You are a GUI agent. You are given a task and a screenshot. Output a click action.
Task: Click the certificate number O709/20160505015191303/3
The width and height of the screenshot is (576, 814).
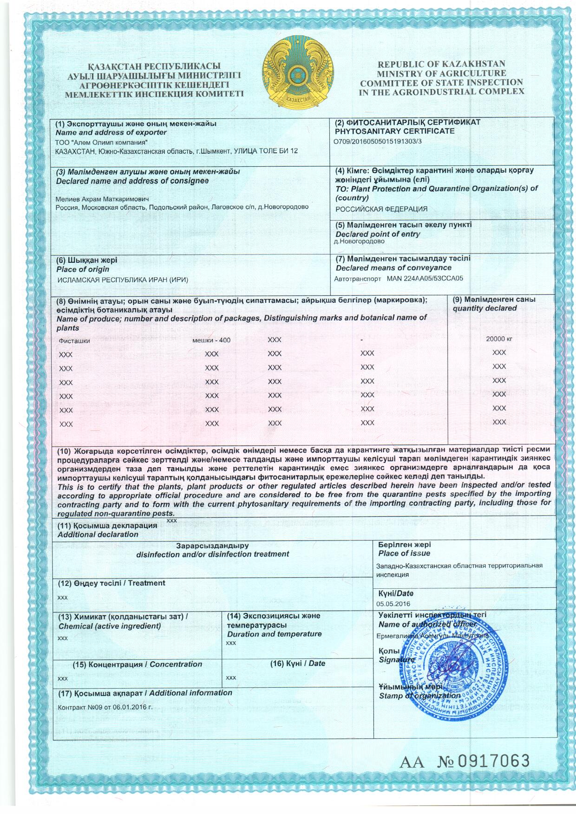[378, 142]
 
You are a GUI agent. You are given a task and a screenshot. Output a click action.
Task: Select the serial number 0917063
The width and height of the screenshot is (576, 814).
[494, 761]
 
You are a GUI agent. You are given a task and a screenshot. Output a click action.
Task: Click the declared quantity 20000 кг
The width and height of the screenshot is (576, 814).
[499, 339]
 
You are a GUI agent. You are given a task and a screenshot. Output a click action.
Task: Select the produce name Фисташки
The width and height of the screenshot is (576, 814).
[74, 340]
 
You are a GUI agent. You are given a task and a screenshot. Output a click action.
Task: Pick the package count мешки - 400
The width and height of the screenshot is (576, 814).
[211, 340]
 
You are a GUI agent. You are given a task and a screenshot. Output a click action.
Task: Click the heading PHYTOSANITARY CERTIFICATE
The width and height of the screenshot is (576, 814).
[394, 131]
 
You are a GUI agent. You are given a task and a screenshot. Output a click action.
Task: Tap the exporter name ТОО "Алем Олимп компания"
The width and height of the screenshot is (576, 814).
[102, 142]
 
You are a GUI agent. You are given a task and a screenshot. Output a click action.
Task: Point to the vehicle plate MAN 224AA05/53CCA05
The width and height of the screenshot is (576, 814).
[425, 279]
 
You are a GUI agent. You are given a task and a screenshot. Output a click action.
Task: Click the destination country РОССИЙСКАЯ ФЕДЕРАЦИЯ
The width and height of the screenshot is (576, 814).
[381, 209]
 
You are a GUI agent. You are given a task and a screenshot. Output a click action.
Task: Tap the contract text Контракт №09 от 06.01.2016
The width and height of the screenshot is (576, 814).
[105, 707]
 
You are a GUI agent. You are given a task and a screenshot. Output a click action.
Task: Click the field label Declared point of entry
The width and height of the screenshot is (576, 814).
[378, 234]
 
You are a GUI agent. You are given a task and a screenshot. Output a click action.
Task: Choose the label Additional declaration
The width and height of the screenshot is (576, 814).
[98, 534]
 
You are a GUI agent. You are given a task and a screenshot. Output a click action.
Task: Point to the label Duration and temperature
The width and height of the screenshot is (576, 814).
[274, 634]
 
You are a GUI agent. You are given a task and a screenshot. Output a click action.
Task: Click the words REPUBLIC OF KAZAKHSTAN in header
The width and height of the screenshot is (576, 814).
[441, 64]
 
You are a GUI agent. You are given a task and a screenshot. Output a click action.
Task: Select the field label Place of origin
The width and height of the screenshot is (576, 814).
[83, 269]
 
